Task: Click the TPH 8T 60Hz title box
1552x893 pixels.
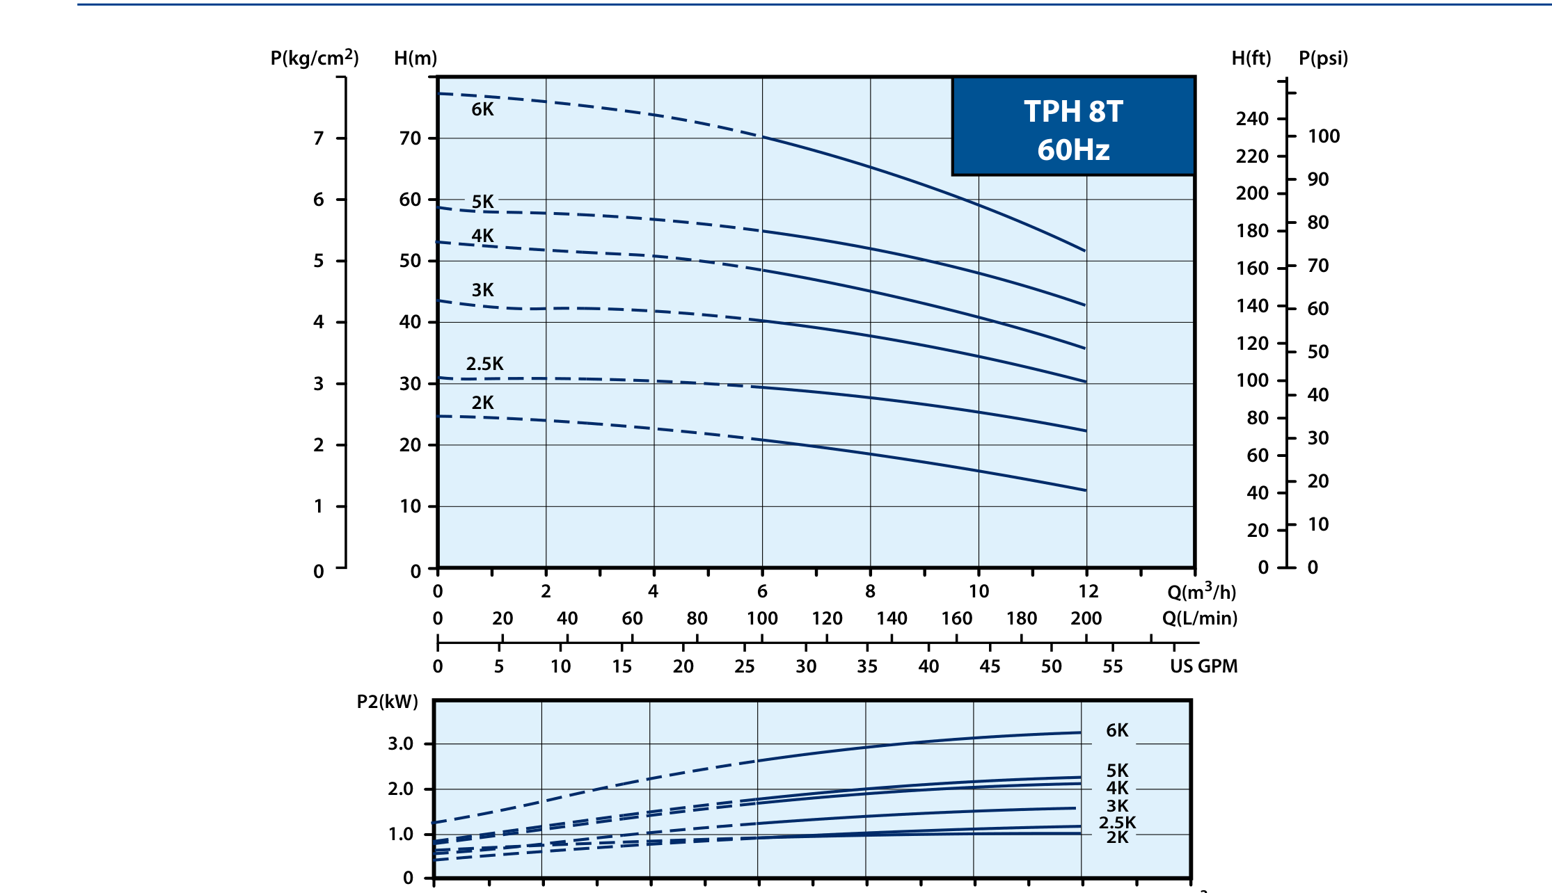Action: click(x=1073, y=126)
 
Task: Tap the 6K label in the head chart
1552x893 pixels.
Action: click(x=482, y=109)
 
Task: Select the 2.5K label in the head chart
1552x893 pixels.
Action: click(x=484, y=364)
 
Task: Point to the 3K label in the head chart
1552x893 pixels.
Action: click(x=482, y=290)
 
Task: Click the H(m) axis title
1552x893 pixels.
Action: click(x=415, y=58)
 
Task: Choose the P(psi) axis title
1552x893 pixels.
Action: click(x=1324, y=58)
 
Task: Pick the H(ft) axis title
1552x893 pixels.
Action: click(x=1251, y=58)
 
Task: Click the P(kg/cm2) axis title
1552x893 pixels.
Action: click(x=315, y=58)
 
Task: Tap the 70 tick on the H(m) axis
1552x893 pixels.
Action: click(x=410, y=138)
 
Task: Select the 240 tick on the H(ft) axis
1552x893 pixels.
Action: click(x=1252, y=119)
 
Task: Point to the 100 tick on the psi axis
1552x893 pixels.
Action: click(x=1324, y=136)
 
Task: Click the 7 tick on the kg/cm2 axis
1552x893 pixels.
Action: click(x=319, y=138)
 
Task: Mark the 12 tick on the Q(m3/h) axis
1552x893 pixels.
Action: click(x=1088, y=591)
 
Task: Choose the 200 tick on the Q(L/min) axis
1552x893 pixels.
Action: click(x=1086, y=618)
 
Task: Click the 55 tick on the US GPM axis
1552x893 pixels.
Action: click(x=1113, y=666)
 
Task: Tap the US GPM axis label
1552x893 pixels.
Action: click(x=1204, y=666)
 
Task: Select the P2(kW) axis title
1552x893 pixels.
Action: click(x=388, y=701)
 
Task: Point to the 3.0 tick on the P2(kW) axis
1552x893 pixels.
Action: click(x=400, y=743)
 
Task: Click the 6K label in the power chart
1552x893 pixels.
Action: click(x=1117, y=730)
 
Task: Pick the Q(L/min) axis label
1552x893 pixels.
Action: click(x=1200, y=618)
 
